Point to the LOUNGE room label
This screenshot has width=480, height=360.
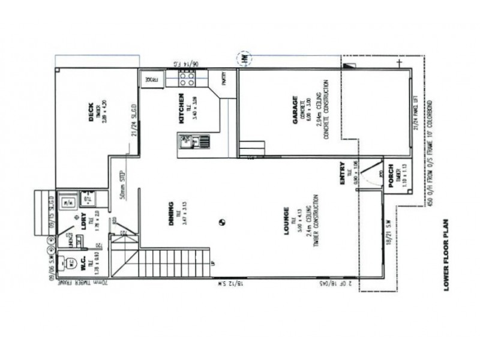pos(287,220)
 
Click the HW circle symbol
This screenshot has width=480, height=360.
pos(245,59)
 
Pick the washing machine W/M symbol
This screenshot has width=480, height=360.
pos(68,200)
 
